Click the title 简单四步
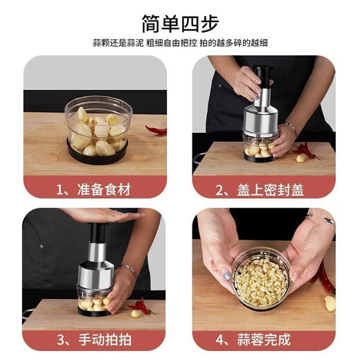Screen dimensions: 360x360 click(x=179, y=22)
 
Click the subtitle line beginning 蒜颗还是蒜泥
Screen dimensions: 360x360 click(x=179, y=43)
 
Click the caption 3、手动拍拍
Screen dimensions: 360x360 click(x=95, y=339)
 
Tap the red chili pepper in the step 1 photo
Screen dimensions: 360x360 click(x=156, y=129)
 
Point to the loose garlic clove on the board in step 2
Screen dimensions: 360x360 click(x=300, y=159)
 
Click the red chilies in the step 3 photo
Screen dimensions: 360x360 click(x=141, y=305)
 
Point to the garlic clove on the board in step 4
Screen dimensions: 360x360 click(x=330, y=303)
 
